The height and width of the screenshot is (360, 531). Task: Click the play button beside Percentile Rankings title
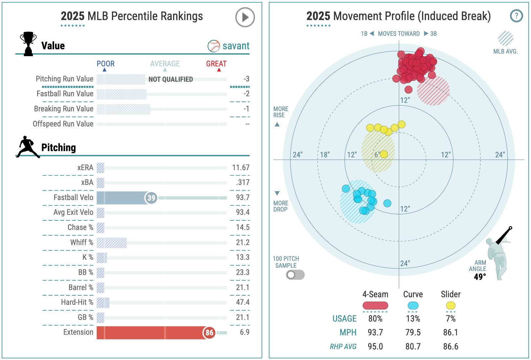(x=245, y=17)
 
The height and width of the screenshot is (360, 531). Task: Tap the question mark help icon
(x=516, y=15)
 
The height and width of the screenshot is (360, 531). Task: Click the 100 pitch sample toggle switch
(x=295, y=275)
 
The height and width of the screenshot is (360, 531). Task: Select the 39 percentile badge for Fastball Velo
(x=151, y=198)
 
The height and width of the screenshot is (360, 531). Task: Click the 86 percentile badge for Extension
(x=209, y=333)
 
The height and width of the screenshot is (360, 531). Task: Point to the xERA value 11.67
(x=241, y=168)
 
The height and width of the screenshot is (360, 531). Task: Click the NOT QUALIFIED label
(x=171, y=79)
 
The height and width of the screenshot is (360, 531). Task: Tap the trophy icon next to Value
(x=28, y=44)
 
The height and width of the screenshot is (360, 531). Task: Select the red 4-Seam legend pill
(x=375, y=305)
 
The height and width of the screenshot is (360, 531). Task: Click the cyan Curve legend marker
(x=413, y=305)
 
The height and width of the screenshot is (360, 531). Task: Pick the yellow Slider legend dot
(x=451, y=305)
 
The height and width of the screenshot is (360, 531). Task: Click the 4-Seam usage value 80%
(x=375, y=319)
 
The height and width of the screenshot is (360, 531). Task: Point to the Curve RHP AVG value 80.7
(x=413, y=347)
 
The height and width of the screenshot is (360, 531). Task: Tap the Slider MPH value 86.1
(x=451, y=332)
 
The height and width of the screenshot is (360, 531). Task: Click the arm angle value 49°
(x=479, y=277)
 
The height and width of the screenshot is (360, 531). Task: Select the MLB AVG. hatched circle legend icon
(x=505, y=39)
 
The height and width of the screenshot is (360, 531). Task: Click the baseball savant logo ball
(x=214, y=46)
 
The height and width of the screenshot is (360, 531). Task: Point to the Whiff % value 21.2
(x=243, y=242)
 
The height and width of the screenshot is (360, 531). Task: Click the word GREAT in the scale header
(x=216, y=64)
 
